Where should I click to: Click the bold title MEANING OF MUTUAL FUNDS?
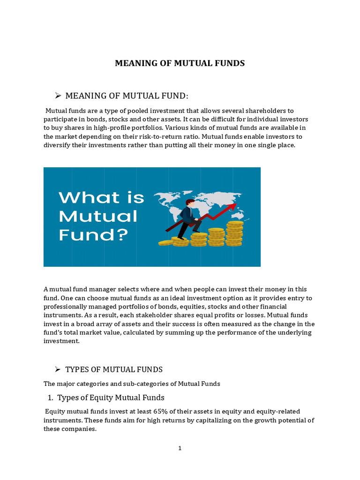[x=180, y=63]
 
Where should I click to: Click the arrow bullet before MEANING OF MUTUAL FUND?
[x=58, y=96]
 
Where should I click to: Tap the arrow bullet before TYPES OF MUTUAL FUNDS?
[x=58, y=369]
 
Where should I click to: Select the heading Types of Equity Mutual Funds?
[x=111, y=397]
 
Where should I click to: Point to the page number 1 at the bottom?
[x=180, y=448]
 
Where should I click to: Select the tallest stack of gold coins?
[x=234, y=233]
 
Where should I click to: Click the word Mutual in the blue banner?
[x=97, y=216]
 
